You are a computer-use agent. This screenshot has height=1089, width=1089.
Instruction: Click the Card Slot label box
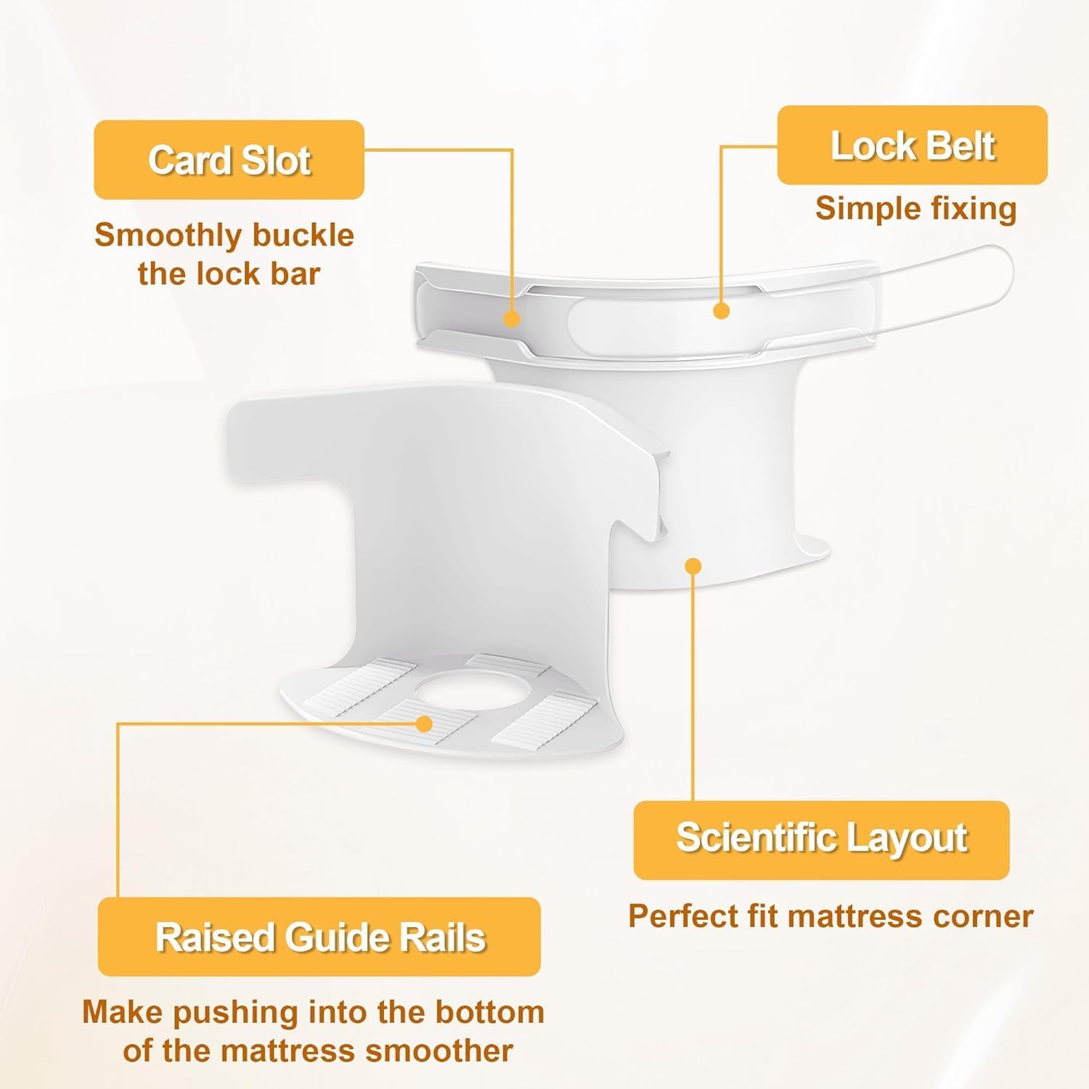click(229, 160)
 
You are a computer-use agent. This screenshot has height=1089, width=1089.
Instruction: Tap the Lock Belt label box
click(912, 145)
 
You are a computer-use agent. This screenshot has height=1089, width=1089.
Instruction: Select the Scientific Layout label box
click(821, 840)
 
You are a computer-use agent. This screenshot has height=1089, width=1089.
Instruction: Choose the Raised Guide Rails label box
click(319, 937)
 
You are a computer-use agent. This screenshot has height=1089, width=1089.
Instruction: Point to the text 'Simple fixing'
click(915, 208)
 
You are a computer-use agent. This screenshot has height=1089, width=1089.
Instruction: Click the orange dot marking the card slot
click(512, 318)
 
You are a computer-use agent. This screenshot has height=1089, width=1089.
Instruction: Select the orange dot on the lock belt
click(721, 311)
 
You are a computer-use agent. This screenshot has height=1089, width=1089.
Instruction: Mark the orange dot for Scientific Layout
click(693, 566)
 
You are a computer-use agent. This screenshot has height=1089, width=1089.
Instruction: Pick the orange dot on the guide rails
click(425, 723)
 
